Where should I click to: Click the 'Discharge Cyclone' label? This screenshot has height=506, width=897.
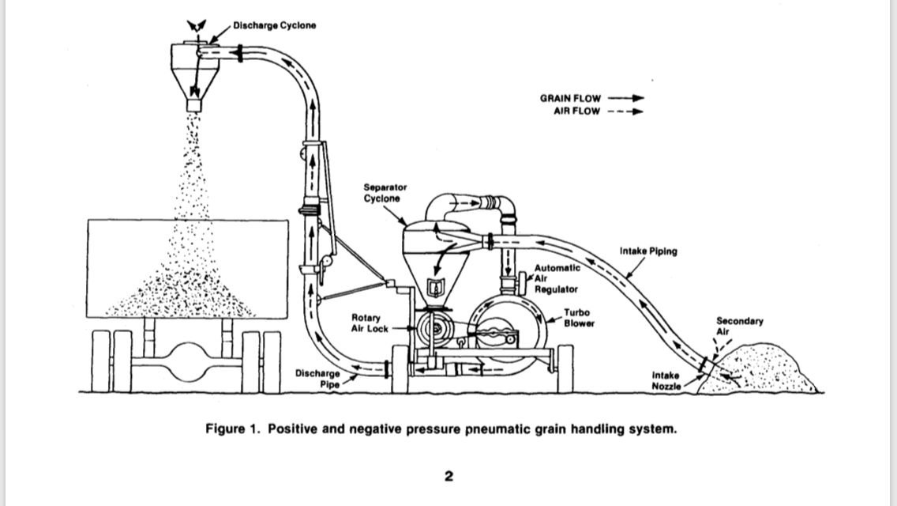pos(274,25)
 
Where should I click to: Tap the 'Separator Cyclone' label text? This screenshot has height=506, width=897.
pos(385,193)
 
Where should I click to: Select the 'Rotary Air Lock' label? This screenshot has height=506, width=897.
pos(370,323)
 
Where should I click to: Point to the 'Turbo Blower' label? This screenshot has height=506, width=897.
pos(579,318)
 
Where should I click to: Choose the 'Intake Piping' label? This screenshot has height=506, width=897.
pos(648,251)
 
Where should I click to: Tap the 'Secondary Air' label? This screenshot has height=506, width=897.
pos(740,326)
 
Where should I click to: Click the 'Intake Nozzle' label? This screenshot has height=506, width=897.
pos(666,380)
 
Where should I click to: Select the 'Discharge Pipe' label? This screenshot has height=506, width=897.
pos(317,379)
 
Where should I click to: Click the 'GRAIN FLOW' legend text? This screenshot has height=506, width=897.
pos(570,99)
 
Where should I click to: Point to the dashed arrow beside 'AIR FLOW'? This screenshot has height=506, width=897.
pos(625,111)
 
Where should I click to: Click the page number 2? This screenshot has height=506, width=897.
pos(448,476)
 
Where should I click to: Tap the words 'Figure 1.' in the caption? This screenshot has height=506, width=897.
pos(234,429)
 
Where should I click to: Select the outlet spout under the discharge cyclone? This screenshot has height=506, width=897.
pos(194,105)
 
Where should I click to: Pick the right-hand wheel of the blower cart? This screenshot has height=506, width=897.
pos(565,369)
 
